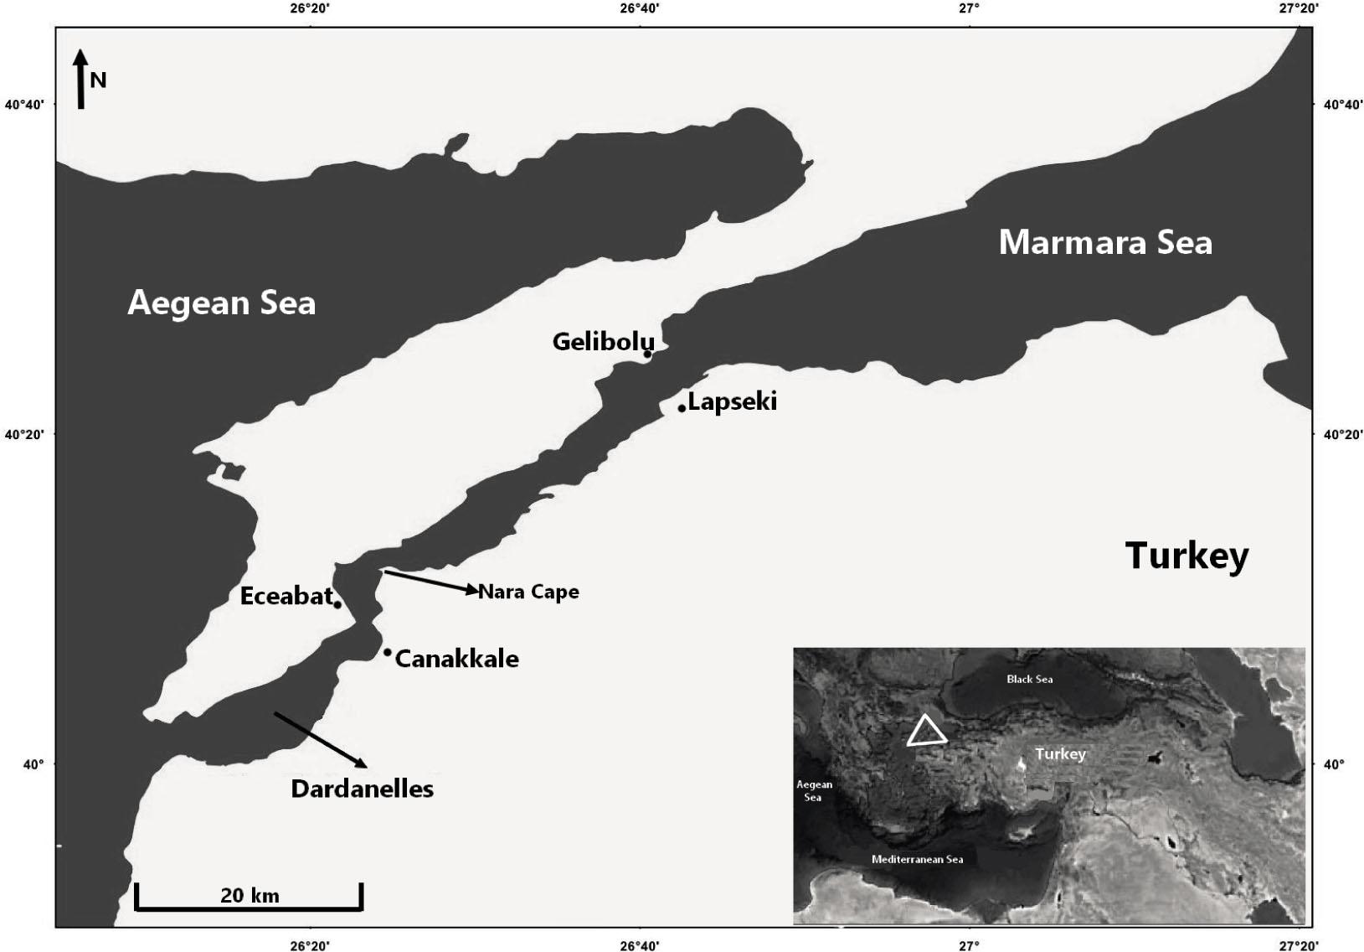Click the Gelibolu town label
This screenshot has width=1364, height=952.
[x=602, y=342]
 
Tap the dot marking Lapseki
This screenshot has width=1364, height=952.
[x=682, y=408]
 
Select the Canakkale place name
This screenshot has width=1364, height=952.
[x=456, y=659]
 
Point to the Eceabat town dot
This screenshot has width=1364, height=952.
[x=337, y=604]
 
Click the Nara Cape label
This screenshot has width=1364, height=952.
[x=528, y=592]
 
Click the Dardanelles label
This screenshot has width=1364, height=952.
[x=363, y=789]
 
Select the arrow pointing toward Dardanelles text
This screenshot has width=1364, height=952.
[x=320, y=739]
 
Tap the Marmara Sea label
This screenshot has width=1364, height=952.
[x=1105, y=242]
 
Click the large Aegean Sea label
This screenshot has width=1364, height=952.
[x=222, y=303]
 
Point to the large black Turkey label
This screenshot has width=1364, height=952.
[x=1186, y=556]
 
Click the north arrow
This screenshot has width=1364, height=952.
[x=80, y=79]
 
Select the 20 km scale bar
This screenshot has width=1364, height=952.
[x=249, y=898]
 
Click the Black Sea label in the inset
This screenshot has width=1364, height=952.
[x=1029, y=679]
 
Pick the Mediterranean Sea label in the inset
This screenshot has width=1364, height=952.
[x=917, y=859]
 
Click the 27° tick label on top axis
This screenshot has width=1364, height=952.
[x=970, y=8]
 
